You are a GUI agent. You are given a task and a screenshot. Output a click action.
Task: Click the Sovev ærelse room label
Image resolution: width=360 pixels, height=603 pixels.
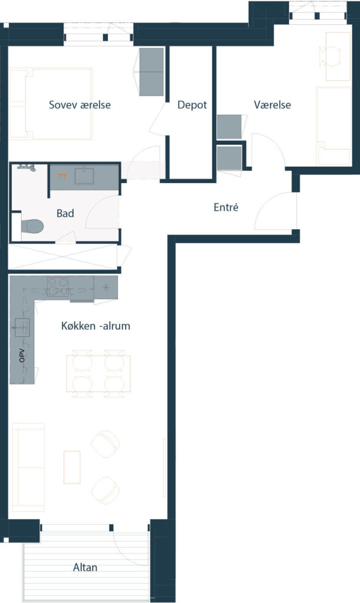pos(80,105)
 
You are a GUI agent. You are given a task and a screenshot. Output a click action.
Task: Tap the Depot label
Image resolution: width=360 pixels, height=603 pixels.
pos(192,105)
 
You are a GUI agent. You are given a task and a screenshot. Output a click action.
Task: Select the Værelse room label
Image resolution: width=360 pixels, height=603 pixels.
pos(272,105)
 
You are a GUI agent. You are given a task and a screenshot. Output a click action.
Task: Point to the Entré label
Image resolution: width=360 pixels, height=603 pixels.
pos(226,207)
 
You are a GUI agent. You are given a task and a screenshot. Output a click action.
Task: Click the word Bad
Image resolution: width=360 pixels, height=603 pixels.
pos(65,213)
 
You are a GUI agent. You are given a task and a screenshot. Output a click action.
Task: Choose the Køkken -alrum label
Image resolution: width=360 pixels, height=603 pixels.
pos(96,326)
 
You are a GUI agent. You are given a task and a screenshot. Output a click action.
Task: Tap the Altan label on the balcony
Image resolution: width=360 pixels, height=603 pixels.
pos(85,567)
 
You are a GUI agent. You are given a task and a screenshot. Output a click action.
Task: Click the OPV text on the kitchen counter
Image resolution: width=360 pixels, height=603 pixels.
pos(22,355)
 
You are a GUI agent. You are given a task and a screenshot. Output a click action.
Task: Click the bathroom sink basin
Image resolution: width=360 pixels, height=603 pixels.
pos(84,175)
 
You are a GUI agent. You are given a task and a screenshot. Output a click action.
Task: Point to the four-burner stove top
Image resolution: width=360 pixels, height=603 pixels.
pos(58,287)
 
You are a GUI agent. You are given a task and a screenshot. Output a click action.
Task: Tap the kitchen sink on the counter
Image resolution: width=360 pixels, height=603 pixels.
pos(22,327)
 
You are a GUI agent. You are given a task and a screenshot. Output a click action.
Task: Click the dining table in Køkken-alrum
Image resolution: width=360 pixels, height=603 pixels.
pos(98,373)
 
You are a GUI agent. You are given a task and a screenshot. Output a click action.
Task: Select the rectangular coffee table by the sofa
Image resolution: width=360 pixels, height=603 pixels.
pos(72,467)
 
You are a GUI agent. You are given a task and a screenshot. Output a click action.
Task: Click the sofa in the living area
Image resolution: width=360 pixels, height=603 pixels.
pos(28,467)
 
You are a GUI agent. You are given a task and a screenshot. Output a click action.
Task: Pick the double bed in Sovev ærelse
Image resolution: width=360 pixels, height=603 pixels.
pos(51,104)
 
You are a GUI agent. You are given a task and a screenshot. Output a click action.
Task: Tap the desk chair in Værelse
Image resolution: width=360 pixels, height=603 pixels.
pos(331,56)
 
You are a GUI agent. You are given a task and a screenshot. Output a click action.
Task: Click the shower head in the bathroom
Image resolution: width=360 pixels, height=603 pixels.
pos(27,167)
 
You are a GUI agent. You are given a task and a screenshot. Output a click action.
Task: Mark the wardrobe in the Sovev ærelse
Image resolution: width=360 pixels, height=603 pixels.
pos(151,72)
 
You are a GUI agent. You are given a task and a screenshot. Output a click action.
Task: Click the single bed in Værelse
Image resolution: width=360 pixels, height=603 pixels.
pos(333,126)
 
